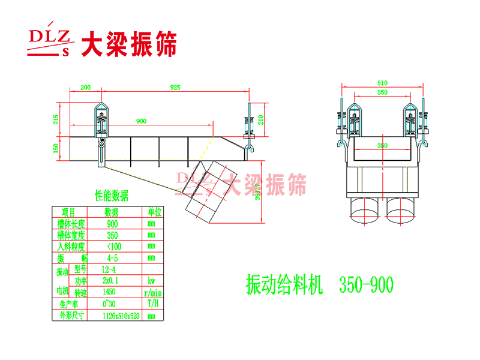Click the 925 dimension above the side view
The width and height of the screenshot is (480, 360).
[x=175, y=88]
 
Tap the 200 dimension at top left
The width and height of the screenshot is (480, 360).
[x=85, y=88]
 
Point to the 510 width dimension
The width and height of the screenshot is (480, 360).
[x=382, y=83]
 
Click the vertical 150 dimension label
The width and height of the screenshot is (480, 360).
[x=56, y=148]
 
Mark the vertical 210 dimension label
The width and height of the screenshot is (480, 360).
[x=260, y=119]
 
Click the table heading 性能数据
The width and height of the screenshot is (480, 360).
[x=112, y=196]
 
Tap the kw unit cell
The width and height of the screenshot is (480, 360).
[x=152, y=280]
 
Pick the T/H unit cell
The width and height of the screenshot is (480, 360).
[x=152, y=304]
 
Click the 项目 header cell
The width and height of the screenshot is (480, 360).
[x=68, y=212]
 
